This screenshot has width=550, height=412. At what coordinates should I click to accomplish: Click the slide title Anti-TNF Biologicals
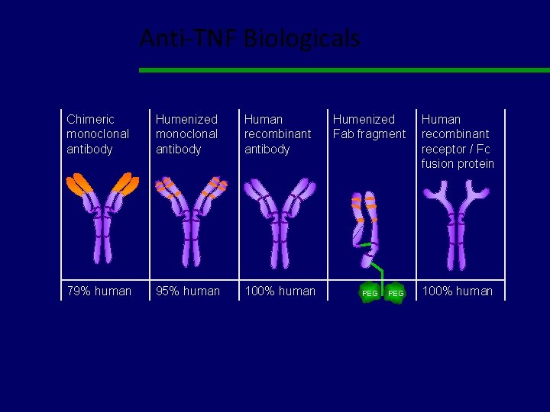click(249, 38)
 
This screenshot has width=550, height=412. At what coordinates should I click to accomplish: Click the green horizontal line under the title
click(344, 70)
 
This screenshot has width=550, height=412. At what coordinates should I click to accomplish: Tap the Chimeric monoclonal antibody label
click(98, 134)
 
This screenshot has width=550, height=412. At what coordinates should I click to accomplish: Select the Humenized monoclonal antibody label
click(186, 134)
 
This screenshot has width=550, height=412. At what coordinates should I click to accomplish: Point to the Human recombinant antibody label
click(277, 134)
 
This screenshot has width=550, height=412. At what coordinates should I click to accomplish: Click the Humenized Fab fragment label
click(369, 127)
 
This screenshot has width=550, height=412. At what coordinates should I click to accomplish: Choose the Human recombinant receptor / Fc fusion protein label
click(458, 141)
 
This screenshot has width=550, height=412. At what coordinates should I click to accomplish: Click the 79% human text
click(99, 291)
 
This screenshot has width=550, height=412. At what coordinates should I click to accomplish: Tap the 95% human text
click(188, 291)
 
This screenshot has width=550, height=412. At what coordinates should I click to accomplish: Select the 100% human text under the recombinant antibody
click(280, 291)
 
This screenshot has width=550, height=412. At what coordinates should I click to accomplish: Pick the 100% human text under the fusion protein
click(458, 291)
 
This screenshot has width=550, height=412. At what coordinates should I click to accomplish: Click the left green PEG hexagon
click(370, 293)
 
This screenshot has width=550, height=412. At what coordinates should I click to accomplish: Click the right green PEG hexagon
click(396, 293)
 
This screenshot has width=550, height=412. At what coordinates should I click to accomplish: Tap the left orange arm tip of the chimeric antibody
click(79, 184)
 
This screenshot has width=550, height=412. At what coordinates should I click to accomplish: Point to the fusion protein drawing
click(457, 221)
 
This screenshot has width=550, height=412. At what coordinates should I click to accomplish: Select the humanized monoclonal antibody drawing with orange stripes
click(189, 221)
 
